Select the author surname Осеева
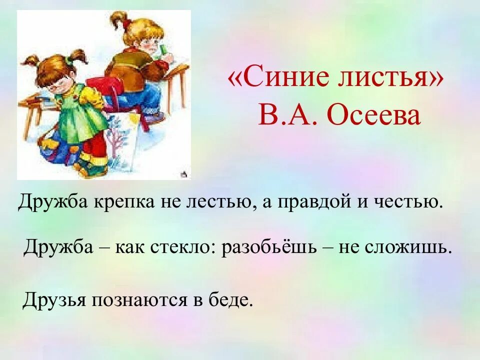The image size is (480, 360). click(x=373, y=116)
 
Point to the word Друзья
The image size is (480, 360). click(x=54, y=300)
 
